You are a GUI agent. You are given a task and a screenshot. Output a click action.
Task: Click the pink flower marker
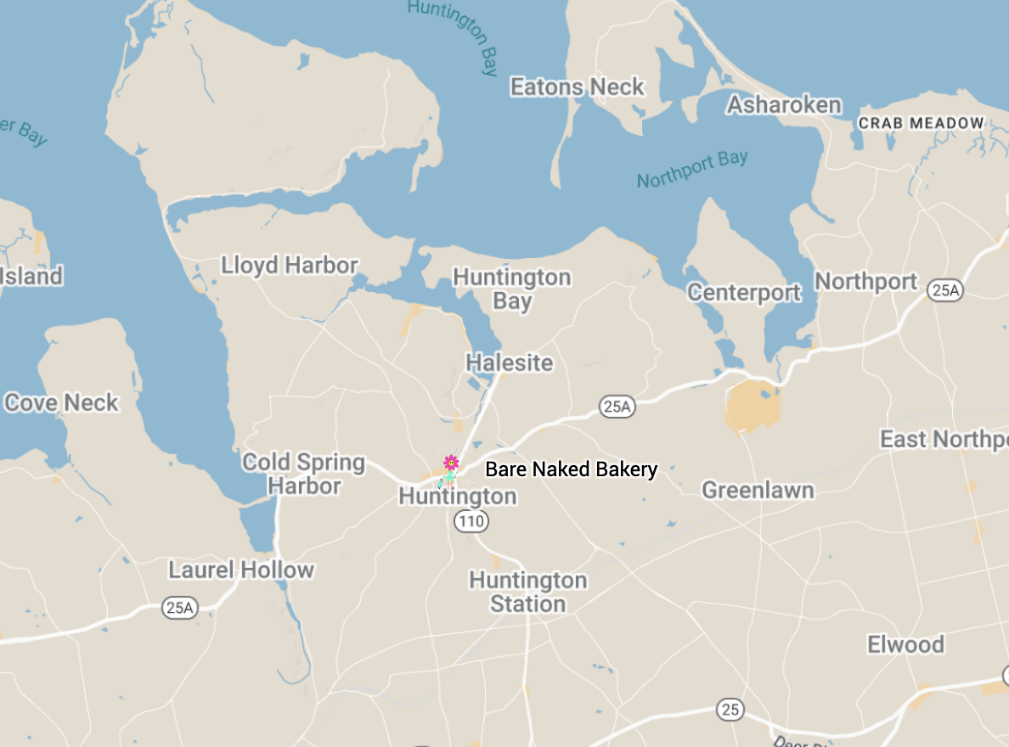451,463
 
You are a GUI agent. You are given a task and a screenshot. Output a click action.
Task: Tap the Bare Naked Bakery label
571,469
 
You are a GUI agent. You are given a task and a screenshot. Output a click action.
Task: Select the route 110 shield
471,521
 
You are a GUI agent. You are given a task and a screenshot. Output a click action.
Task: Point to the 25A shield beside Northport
944,290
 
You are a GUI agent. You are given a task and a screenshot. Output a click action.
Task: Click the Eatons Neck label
577,87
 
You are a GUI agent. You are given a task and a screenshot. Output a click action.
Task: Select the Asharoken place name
784,104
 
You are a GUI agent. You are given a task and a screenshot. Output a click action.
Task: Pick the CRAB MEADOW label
921,123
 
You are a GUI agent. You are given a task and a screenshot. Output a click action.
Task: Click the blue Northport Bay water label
692,169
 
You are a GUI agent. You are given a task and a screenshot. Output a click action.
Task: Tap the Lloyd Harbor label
290,265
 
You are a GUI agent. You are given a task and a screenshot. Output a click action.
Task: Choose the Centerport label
744,293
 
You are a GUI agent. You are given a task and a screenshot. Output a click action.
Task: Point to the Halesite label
509,362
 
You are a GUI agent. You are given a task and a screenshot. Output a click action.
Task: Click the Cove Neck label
61,402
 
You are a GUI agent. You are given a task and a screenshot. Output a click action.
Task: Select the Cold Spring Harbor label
303,475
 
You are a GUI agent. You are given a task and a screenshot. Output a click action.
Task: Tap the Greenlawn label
758,490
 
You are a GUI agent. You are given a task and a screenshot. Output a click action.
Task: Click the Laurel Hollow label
241,570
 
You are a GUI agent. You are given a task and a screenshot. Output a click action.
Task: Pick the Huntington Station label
527,593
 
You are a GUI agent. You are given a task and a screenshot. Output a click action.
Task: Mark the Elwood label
905,644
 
